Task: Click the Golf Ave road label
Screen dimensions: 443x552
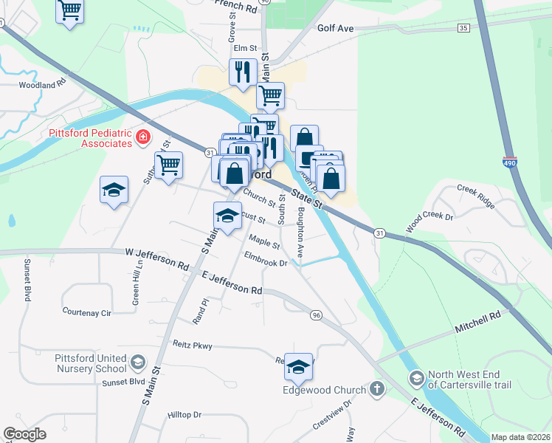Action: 336,28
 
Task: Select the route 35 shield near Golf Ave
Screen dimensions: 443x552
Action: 463,28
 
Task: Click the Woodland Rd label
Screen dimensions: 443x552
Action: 42,85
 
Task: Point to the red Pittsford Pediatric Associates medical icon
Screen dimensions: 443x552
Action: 142,137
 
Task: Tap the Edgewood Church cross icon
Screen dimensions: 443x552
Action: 376,389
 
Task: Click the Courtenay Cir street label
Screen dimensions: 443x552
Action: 86,312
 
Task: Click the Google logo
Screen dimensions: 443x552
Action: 25,434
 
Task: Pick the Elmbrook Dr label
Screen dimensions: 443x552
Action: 265,262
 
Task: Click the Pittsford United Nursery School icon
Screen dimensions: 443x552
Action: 137,362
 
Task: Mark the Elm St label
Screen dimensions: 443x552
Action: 244,49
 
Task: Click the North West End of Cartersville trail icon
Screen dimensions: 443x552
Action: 417,378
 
